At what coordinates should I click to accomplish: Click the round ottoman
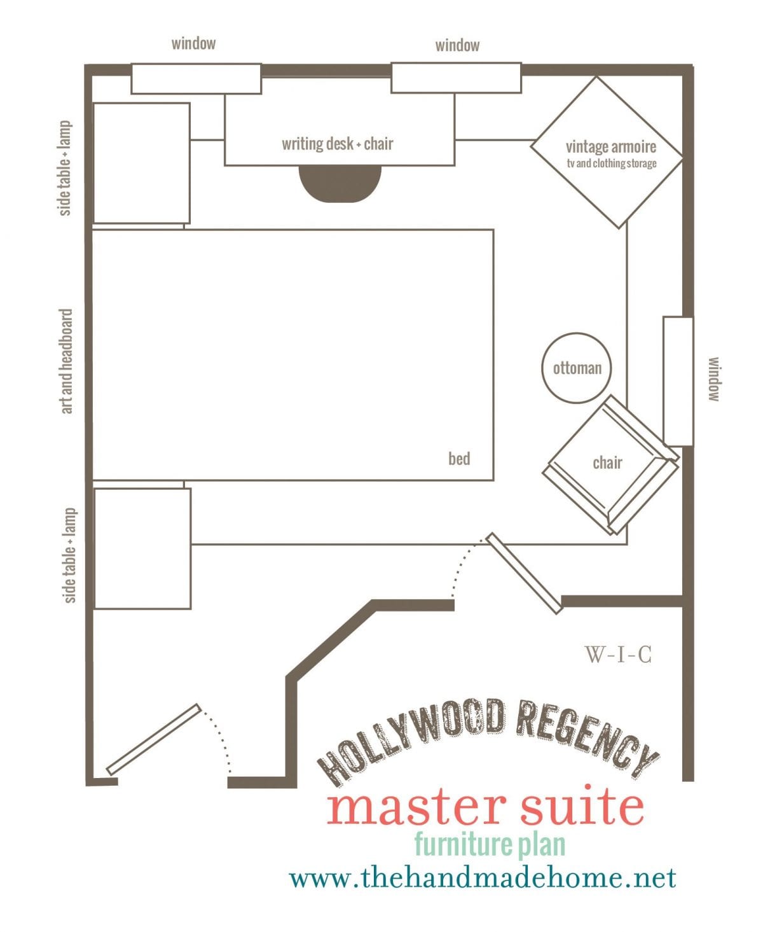(576, 368)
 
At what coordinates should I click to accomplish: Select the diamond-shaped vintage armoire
(607, 153)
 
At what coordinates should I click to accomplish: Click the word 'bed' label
(459, 459)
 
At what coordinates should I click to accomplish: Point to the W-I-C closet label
(618, 655)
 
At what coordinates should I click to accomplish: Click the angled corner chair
(611, 465)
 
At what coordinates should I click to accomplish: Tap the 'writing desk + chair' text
(337, 144)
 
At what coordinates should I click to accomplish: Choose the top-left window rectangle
(196, 79)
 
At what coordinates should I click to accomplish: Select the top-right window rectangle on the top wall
(456, 78)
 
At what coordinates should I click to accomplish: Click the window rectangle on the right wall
(678, 381)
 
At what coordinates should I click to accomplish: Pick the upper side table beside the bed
(141, 163)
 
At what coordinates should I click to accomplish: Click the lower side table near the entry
(142, 548)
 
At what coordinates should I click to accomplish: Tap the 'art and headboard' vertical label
(66, 361)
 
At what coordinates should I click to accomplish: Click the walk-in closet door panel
(524, 573)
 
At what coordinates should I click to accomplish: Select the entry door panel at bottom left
(154, 739)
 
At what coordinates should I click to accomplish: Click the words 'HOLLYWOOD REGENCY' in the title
(488, 743)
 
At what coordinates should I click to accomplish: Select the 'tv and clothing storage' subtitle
(612, 163)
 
